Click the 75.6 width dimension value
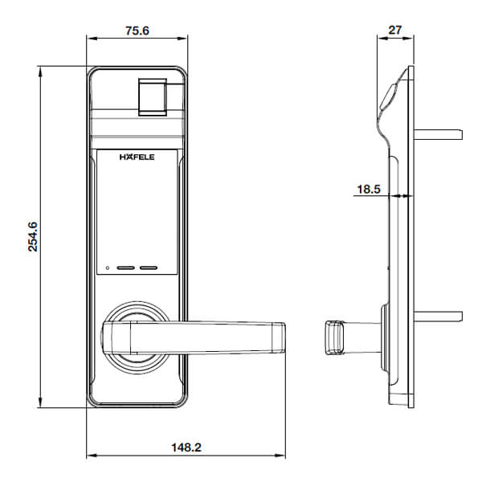coord(137,31)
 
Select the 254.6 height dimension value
coord(33,237)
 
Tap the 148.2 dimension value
coord(186,447)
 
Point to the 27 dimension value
coord(395,31)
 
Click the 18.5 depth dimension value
coord(369,189)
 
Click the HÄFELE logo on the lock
coord(137,157)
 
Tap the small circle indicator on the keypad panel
coord(108,268)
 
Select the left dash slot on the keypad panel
coord(126,268)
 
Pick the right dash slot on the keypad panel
coord(149,268)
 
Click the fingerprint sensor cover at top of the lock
coord(153,97)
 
